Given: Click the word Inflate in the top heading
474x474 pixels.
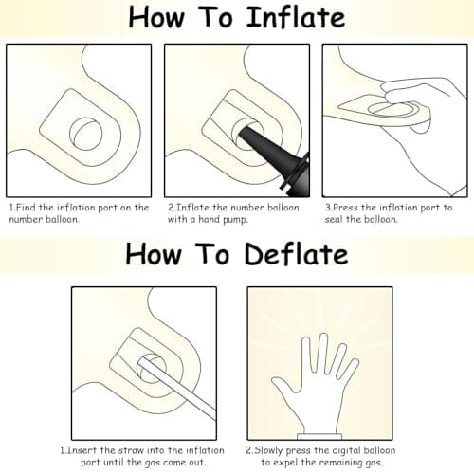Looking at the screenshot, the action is tap(296, 17).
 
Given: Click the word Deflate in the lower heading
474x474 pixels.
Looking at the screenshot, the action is tap(296, 254).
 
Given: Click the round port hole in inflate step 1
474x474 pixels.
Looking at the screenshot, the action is tap(85, 134).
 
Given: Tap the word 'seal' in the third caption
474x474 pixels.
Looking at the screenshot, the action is tap(334, 219).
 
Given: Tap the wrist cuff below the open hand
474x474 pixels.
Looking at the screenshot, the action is tap(319, 437).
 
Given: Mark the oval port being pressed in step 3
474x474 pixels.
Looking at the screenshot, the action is tap(393, 109).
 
